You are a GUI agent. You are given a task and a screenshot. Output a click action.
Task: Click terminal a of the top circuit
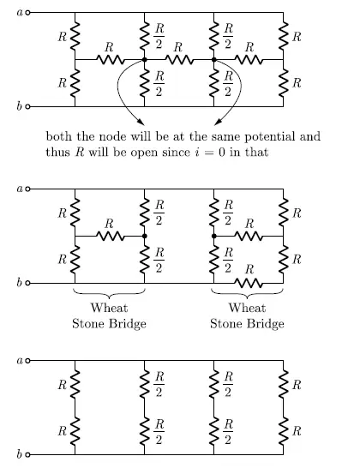(x=28, y=13)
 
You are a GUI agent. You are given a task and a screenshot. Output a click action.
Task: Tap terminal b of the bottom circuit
(x=28, y=454)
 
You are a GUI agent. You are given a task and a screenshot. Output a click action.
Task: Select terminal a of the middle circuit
(x=28, y=188)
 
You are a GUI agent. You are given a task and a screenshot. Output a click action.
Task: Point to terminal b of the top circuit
(x=28, y=106)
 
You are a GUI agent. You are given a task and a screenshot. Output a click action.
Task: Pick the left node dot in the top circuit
(x=144, y=60)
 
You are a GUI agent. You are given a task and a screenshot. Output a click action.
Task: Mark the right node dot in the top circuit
(x=214, y=60)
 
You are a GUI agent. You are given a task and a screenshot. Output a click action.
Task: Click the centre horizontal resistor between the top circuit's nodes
(x=179, y=60)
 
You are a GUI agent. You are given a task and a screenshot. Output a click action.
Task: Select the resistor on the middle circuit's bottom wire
(x=249, y=282)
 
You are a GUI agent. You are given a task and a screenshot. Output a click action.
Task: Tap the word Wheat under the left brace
(x=109, y=309)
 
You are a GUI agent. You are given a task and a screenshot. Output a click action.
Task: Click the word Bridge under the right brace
(x=266, y=324)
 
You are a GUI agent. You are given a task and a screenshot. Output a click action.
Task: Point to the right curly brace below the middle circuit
(x=249, y=293)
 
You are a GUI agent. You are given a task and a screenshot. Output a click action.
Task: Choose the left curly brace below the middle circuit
(x=109, y=293)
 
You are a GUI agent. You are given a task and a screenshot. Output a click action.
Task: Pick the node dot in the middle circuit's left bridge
(x=144, y=235)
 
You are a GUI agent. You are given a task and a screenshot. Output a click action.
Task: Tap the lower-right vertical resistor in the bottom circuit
(x=284, y=428)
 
